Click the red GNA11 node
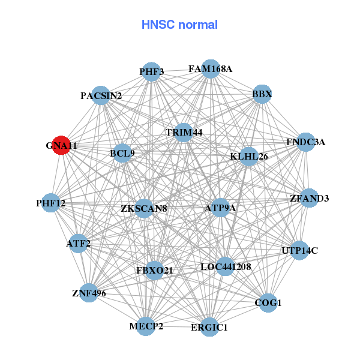pyautogui.click(x=61, y=145)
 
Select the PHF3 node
pyautogui.click(x=152, y=72)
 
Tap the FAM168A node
pyautogui.click(x=210, y=68)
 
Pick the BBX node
pyautogui.click(x=262, y=94)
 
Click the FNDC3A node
pyautogui.click(x=305, y=142)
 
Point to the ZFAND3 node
pyautogui.click(x=308, y=199)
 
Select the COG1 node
pyautogui.click(x=268, y=304)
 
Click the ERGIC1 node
pyautogui.click(x=209, y=328)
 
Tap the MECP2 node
pyautogui.click(x=146, y=326)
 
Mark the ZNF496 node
pyautogui.click(x=89, y=293)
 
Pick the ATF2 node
pyautogui.click(x=79, y=244)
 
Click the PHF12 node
pyautogui.click(x=51, y=203)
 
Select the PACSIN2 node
pyautogui.click(x=101, y=96)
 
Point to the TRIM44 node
pyautogui.click(x=184, y=132)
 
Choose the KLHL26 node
pyautogui.click(x=248, y=157)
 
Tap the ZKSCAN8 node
pyautogui.click(x=144, y=208)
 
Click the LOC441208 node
pyautogui.click(x=225, y=266)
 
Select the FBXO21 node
pyautogui.click(x=155, y=271)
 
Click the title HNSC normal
pyautogui.click(x=179, y=25)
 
